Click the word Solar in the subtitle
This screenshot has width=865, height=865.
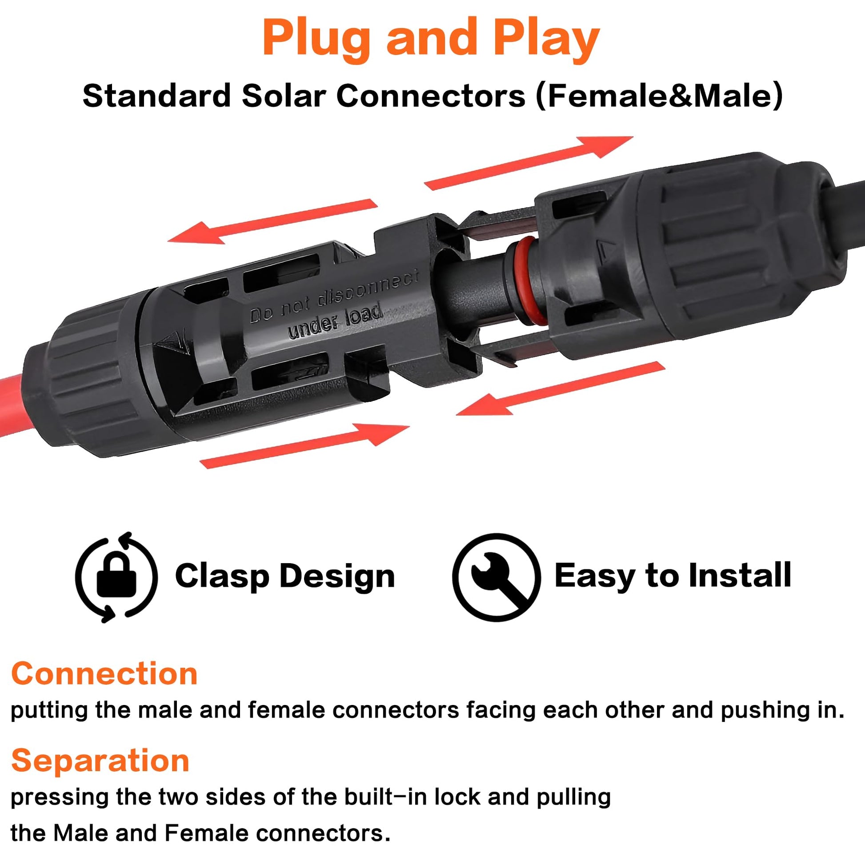click(x=283, y=96)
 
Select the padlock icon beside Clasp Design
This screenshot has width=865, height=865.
click(x=116, y=577)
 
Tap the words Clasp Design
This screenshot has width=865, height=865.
click(x=285, y=576)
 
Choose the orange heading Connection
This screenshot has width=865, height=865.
click(x=104, y=674)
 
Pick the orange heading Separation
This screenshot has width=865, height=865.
click(x=100, y=761)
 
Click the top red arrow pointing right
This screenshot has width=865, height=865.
click(x=529, y=163)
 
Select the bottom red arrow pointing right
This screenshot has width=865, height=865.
click(x=304, y=445)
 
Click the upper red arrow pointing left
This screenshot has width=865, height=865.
click(x=272, y=221)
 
